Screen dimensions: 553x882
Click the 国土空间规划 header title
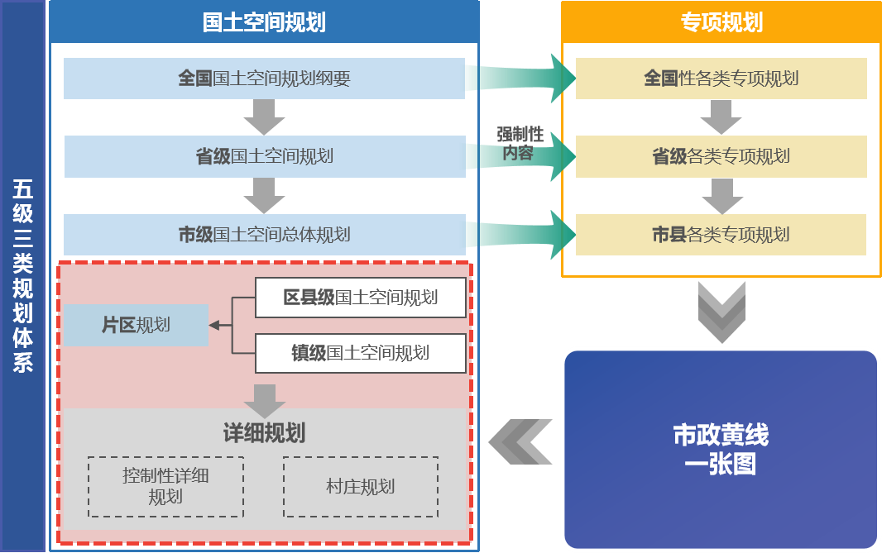tap(264, 22)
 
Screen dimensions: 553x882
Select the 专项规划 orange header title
tap(721, 22)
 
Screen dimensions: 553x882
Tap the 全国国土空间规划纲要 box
tap(264, 79)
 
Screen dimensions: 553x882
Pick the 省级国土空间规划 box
tap(264, 156)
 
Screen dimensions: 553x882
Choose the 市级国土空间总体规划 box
tap(264, 235)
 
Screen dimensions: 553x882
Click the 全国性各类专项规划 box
tap(721, 79)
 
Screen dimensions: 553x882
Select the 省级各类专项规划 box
tap(721, 156)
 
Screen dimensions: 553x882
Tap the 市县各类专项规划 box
tap(721, 235)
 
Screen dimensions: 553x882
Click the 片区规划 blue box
tap(136, 325)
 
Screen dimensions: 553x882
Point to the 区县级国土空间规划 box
tap(360, 298)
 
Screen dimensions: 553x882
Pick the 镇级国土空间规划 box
tap(360, 354)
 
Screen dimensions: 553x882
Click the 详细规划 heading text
tap(264, 433)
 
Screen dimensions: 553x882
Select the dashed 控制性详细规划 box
tap(165, 487)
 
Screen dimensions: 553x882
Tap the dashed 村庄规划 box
tap(360, 487)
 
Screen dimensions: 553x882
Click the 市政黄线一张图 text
tap(721, 449)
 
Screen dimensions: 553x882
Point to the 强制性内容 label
tap(519, 144)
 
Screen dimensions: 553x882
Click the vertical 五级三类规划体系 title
tap(22, 276)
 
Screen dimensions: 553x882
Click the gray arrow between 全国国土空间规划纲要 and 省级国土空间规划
tap(264, 117)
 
